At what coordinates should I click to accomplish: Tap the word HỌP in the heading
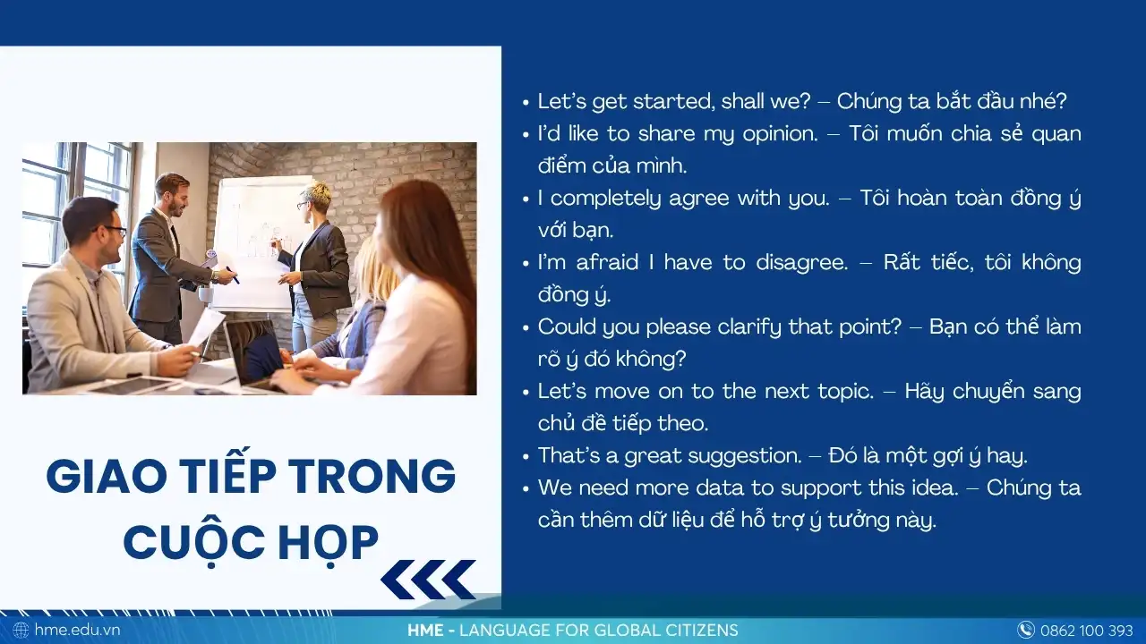coord(329,543)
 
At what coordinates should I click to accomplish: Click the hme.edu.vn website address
coord(77,630)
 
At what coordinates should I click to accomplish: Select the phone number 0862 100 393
coord(1087,631)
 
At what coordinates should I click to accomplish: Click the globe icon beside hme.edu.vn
coord(21,630)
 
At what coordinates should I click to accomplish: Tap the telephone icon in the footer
coord(1026,630)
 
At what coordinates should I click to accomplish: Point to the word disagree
coord(801,263)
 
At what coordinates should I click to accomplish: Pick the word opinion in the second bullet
coord(780,134)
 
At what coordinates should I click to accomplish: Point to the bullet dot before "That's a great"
coord(526,457)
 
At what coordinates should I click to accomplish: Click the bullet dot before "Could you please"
coord(526,328)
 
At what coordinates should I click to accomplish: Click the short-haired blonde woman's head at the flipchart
coord(312,199)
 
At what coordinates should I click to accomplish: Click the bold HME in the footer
coord(425,631)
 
